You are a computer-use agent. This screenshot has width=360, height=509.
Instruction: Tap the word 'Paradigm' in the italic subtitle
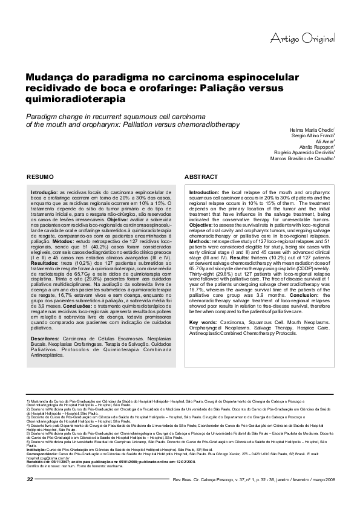34,115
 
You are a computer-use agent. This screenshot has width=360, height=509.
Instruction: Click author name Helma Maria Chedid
312,130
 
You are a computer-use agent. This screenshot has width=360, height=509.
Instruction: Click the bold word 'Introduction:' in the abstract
205,192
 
